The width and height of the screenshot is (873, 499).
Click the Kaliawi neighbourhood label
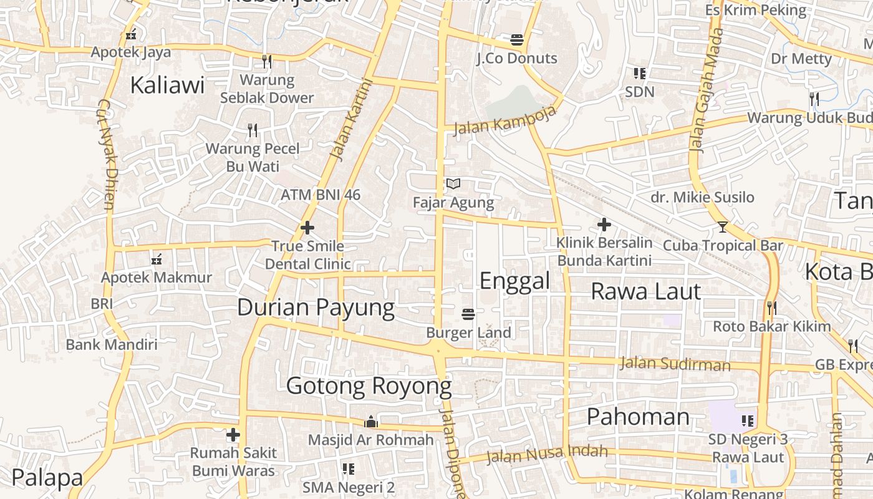click(x=167, y=85)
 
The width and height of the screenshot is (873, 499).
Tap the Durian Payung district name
click(x=316, y=308)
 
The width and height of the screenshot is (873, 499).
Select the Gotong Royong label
click(x=369, y=386)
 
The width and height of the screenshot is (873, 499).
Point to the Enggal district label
click(x=514, y=281)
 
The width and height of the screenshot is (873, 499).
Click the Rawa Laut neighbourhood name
click(x=645, y=291)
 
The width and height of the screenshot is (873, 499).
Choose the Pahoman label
click(x=638, y=417)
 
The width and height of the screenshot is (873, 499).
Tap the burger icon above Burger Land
click(x=468, y=314)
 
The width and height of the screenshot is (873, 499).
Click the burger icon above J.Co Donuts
click(x=516, y=40)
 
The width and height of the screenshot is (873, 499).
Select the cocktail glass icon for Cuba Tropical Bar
click(x=722, y=226)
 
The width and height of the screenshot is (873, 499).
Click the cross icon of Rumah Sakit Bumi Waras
click(x=233, y=434)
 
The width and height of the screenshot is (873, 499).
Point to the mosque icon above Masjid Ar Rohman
click(x=371, y=422)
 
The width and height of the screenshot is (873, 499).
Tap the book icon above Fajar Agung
click(x=453, y=184)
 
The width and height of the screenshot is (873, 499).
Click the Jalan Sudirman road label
click(x=675, y=364)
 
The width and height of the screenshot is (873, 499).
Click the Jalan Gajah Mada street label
click(x=707, y=90)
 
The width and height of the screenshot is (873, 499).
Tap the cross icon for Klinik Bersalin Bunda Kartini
click(x=604, y=224)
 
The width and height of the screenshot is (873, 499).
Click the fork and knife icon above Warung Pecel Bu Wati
click(x=253, y=130)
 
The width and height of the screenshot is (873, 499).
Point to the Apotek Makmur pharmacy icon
click(x=157, y=259)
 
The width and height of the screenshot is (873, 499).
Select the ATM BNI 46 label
click(x=321, y=195)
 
